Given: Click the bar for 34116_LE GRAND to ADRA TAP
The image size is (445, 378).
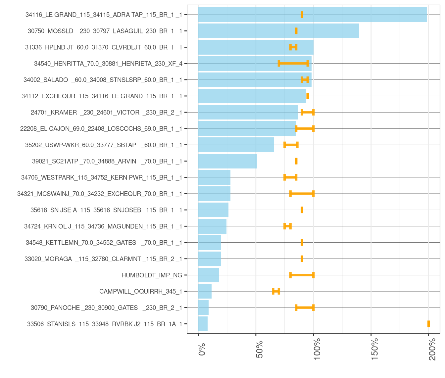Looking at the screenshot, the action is pos(312,15).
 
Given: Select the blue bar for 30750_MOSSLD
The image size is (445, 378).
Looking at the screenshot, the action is pos(278,31).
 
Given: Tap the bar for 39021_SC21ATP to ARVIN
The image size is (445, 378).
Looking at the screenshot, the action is pos(227,161).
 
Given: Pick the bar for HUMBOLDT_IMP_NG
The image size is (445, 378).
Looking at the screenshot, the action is pos(209,275).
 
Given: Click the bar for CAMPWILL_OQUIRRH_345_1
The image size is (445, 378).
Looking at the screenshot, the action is pos(205,291).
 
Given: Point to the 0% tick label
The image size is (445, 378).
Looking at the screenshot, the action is pos(202,349).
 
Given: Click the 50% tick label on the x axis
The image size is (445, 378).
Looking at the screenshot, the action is pos(260,349).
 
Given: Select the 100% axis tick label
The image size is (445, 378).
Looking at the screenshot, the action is pos(317,349).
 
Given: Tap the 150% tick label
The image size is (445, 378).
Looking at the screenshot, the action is pos(375,349).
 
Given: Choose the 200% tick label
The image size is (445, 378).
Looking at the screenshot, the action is pos(432,349).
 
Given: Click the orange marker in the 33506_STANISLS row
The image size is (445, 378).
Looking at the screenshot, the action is pos(429,324).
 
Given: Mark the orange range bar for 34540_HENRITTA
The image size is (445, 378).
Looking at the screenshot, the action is pos(293,64).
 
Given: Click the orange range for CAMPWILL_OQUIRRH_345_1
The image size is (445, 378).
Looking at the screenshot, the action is pos(276,291).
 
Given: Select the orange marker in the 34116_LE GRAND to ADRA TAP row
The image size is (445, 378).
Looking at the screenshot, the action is pos(302,15).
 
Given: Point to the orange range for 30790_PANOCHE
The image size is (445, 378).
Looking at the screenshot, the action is pos(305,307).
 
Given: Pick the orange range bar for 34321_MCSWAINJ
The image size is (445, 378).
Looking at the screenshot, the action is pos(302,194).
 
